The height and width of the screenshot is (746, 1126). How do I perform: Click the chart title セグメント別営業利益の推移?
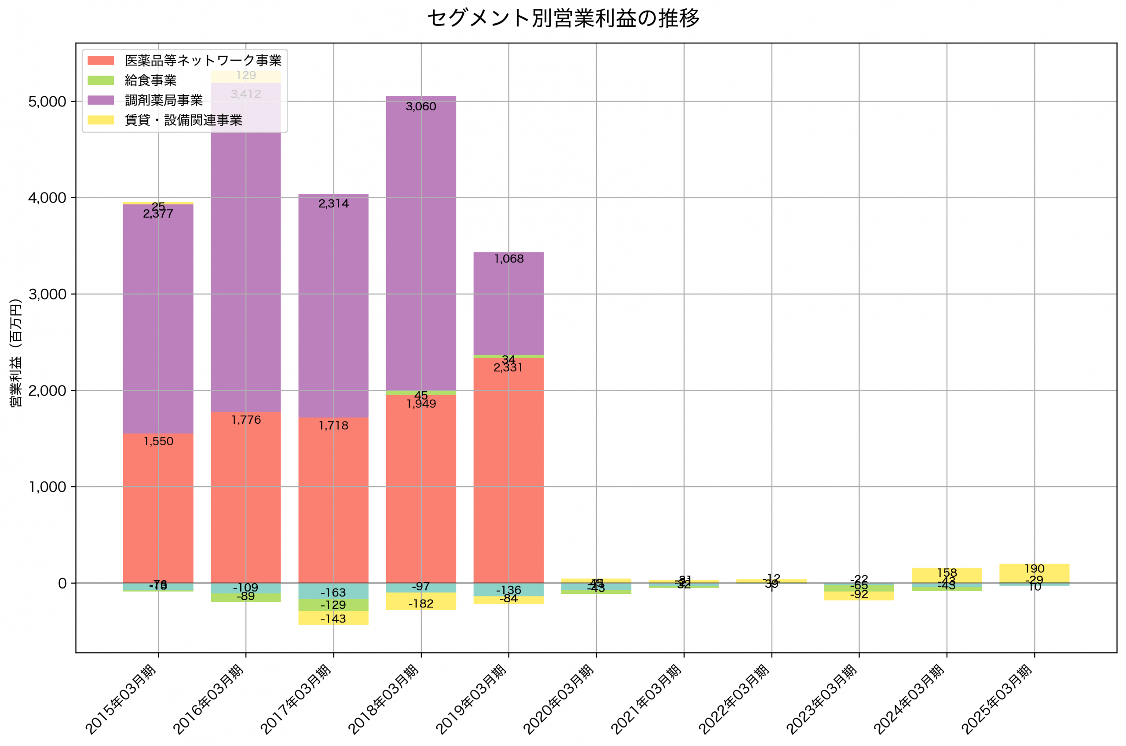pyautogui.click(x=563, y=18)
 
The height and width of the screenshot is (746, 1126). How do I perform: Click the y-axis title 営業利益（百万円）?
pyautogui.click(x=16, y=353)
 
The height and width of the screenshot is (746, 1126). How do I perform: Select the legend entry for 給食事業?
pyautogui.click(x=150, y=80)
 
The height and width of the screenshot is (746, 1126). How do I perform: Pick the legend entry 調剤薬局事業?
pyautogui.click(x=163, y=100)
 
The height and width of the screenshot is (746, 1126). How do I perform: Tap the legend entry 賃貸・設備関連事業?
pyautogui.click(x=183, y=120)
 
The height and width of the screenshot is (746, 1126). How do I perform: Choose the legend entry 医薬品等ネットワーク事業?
pyautogui.click(x=203, y=60)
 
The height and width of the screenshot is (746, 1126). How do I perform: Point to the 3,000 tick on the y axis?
pyautogui.click(x=47, y=294)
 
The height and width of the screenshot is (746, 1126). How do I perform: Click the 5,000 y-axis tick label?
pyautogui.click(x=47, y=102)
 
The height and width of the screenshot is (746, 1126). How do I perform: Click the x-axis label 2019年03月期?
pyautogui.click(x=471, y=699)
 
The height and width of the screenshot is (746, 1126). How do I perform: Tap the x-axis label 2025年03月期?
pyautogui.click(x=997, y=699)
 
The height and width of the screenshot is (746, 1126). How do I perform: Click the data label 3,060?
pyautogui.click(x=420, y=106)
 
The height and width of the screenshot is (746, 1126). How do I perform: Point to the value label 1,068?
pyautogui.click(x=508, y=259)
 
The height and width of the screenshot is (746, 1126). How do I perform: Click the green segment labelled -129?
pyautogui.click(x=333, y=605)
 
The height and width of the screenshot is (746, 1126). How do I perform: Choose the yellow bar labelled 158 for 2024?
pyautogui.click(x=946, y=575)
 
